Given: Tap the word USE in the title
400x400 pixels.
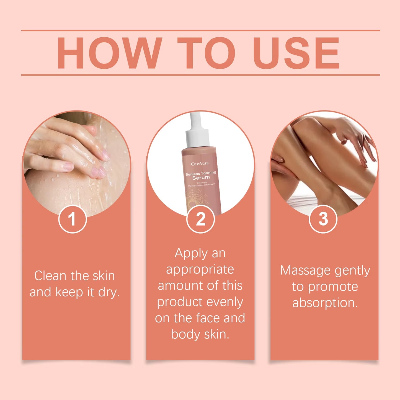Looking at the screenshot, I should pos(296,53).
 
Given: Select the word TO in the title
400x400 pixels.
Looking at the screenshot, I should pos(206,53).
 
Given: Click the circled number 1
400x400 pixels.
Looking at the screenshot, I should pos(73,219).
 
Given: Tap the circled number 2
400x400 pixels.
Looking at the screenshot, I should pos(200,219).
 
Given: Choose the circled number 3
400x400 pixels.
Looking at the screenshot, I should pos(323,219).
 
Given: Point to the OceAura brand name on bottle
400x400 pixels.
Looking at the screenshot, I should pos(200,164).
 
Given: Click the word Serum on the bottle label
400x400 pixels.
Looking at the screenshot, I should pos(201,178).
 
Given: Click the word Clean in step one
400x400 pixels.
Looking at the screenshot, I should pos(50,276).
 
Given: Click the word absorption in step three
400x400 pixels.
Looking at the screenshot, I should pos(325,303).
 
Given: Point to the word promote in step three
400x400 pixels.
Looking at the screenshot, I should pos(333,287).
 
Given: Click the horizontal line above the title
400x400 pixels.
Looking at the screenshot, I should pos(200,30).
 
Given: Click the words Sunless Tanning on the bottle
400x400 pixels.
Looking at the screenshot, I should pos(201,173).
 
